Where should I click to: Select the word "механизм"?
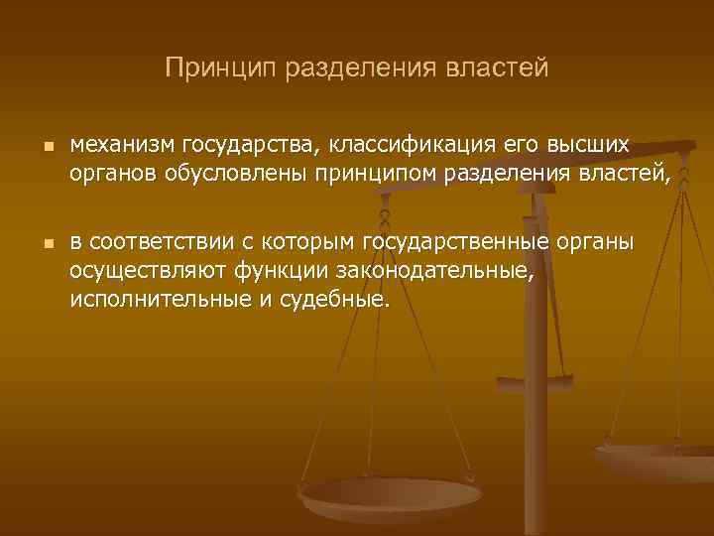[120, 145]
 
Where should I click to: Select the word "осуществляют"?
[149, 272]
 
